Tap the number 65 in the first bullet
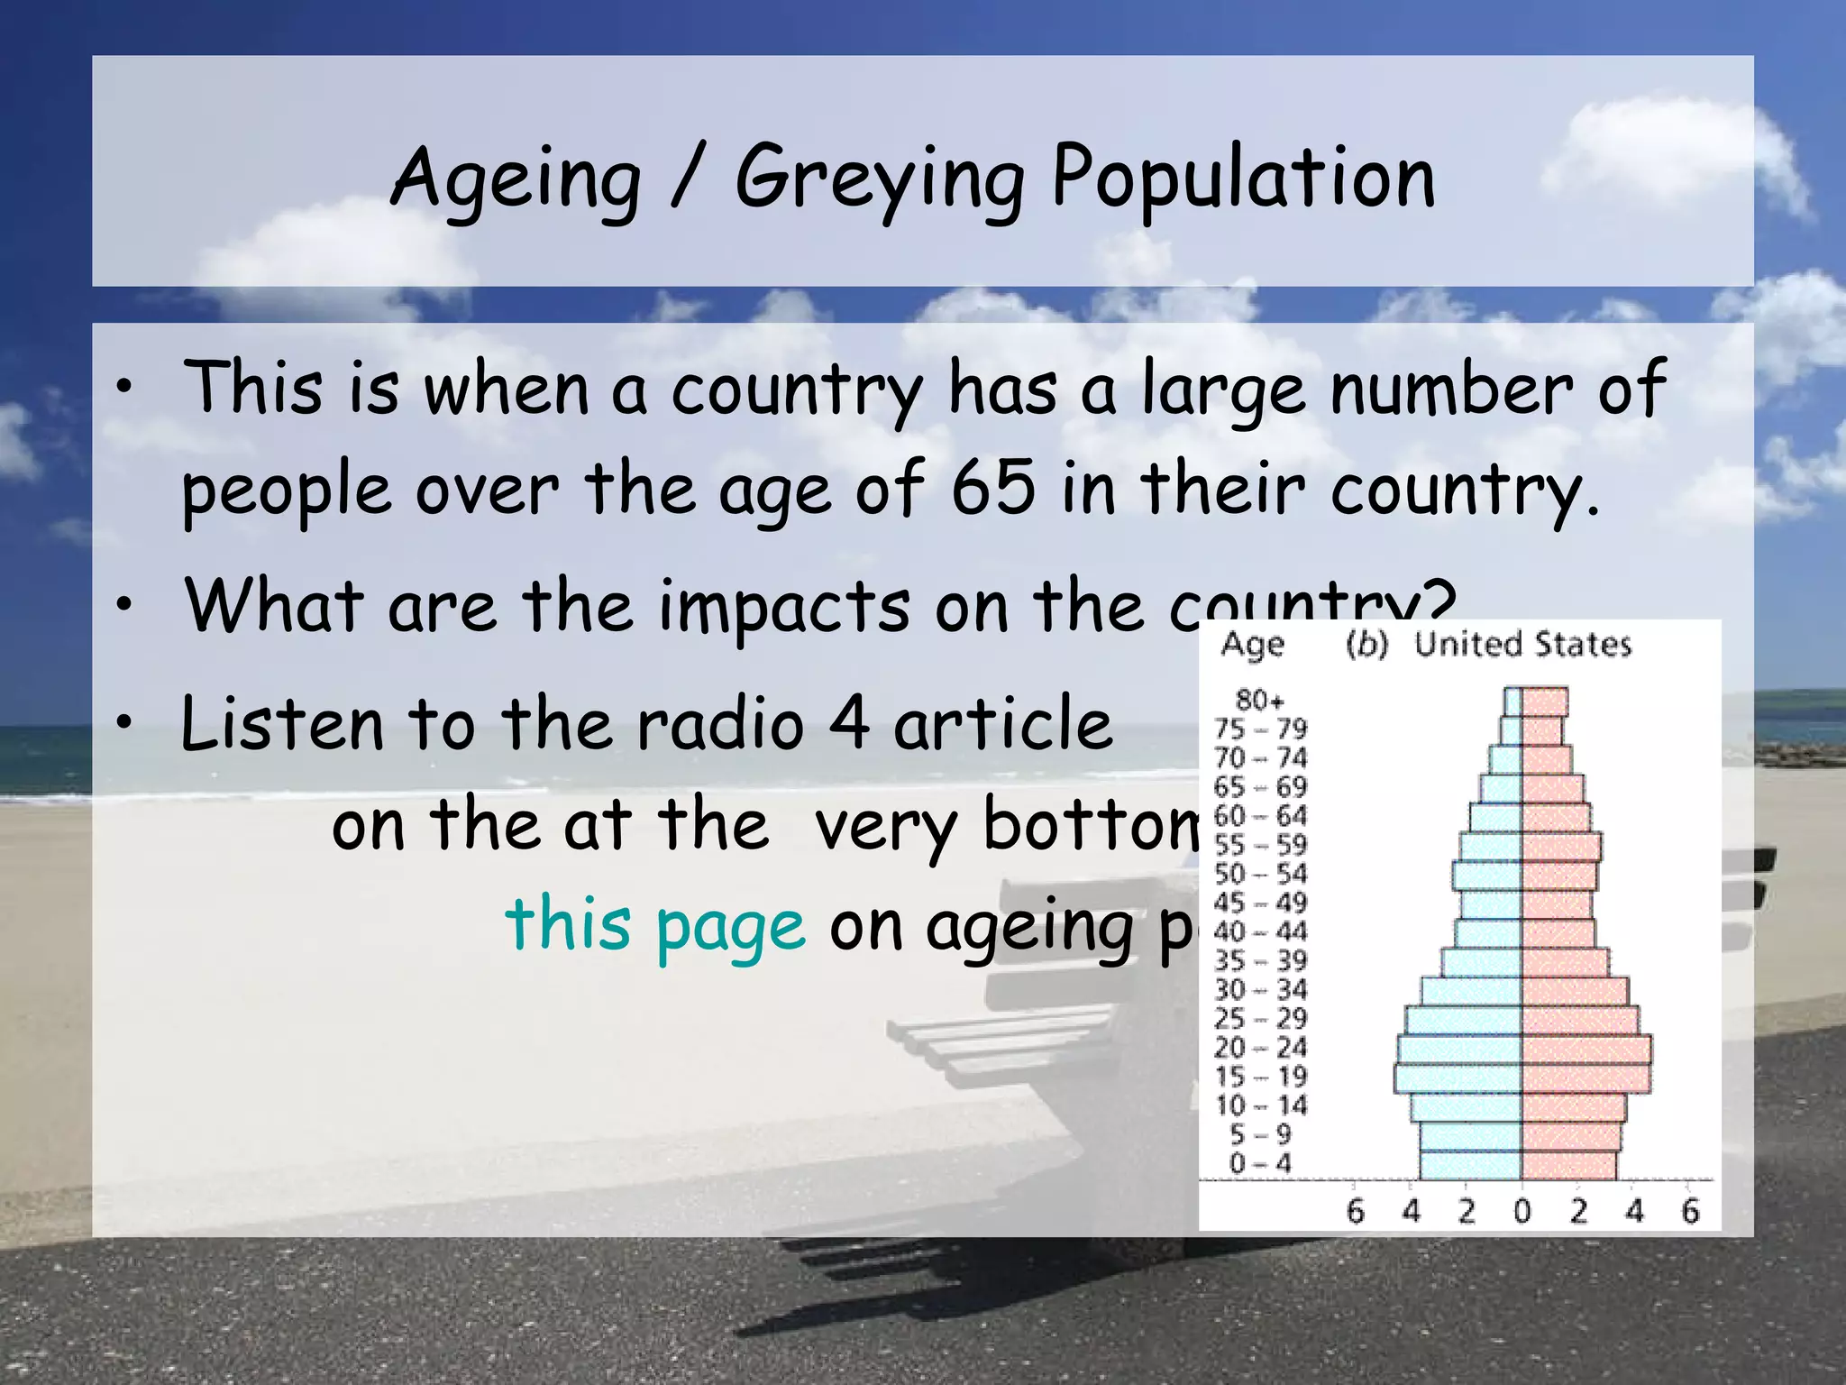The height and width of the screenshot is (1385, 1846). [992, 488]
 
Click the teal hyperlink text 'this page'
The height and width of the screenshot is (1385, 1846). [655, 925]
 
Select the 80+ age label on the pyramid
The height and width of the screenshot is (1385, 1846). [1259, 700]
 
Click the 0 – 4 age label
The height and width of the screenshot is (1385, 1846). [1260, 1163]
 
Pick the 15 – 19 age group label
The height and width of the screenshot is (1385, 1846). [1260, 1077]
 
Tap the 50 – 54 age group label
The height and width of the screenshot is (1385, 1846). [1260, 874]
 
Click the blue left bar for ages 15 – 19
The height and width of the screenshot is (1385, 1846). [1458, 1078]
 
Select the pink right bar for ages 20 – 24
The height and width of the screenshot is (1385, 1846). [1586, 1049]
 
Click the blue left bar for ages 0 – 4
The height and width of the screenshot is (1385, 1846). [1470, 1164]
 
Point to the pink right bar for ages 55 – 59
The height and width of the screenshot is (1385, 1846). [1561, 847]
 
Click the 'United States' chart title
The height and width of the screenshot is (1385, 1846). [1522, 645]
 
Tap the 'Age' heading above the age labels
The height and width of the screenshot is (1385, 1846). [1252, 645]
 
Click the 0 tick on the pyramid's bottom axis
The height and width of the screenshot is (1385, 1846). [1522, 1211]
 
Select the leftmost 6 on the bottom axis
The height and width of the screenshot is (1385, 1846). [1355, 1211]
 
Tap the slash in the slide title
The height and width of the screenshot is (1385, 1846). [687, 177]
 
